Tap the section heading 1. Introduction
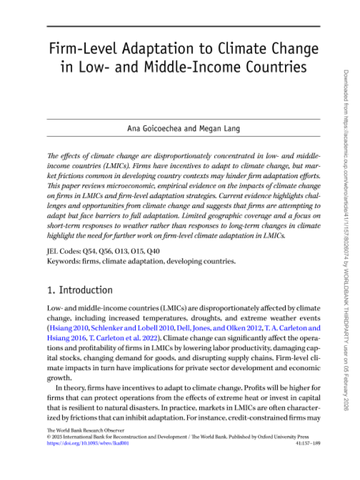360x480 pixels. coord(80,290)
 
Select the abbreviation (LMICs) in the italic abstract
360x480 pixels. coord(81,164)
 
